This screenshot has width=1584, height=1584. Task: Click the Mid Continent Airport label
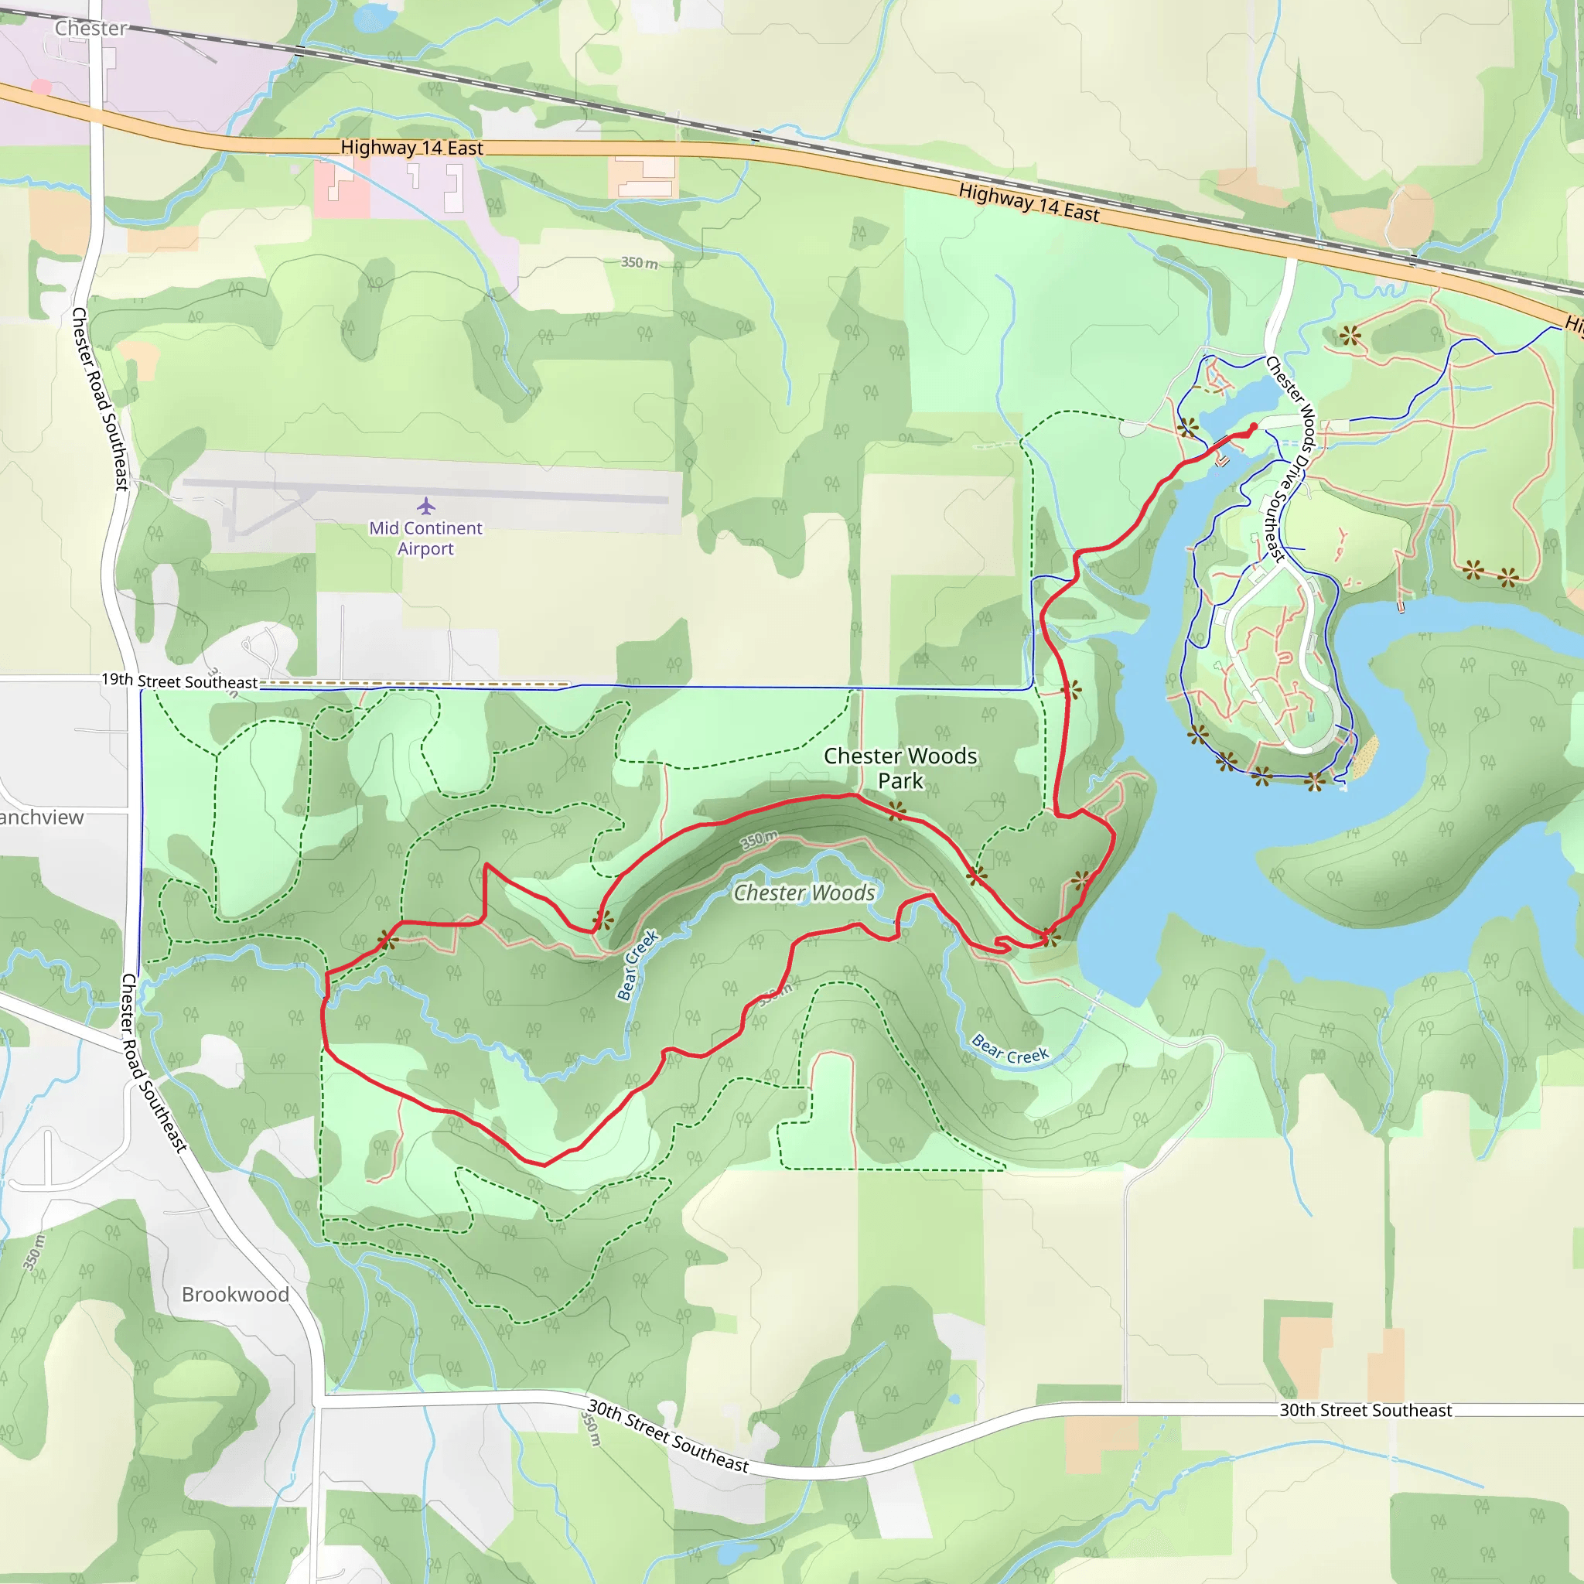click(425, 538)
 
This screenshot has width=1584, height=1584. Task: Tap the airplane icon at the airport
click(425, 505)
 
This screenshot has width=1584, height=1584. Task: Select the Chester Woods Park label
click(900, 767)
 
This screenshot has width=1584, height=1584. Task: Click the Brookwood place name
click(235, 1294)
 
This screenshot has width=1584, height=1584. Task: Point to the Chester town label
click(91, 28)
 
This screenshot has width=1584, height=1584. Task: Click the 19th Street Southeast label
click(179, 681)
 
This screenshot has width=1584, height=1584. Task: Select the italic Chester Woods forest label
click(804, 892)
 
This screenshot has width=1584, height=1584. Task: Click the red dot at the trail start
click(1254, 426)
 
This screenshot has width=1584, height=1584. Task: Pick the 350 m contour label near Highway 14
click(639, 262)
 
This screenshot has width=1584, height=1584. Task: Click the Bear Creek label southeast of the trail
click(1009, 1049)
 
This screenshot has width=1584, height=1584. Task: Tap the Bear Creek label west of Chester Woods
click(637, 965)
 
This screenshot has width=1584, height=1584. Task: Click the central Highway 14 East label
click(411, 148)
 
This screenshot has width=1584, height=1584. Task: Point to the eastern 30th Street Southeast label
click(1365, 1410)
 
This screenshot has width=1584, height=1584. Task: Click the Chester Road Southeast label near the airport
click(100, 398)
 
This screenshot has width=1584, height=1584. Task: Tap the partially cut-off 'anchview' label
click(41, 818)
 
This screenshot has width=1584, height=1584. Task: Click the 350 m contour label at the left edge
click(33, 1253)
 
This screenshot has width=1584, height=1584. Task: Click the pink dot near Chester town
click(41, 86)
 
